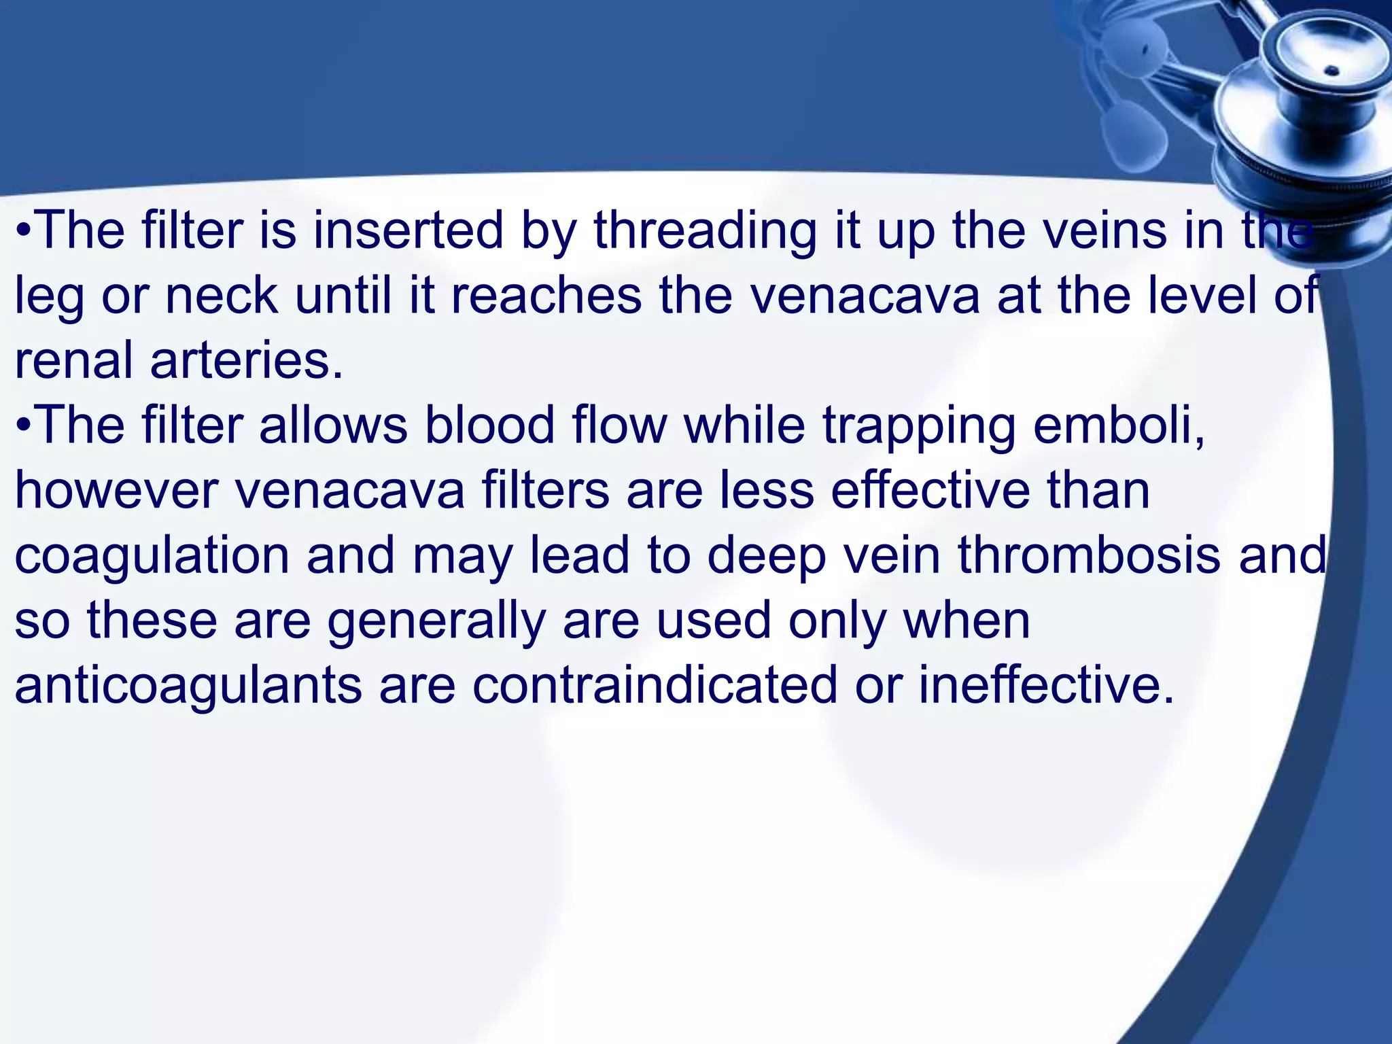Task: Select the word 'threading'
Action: tap(705, 231)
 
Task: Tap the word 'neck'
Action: tap(222, 296)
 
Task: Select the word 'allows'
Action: tap(333, 425)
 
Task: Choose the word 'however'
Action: tap(116, 490)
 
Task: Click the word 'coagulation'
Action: tap(152, 556)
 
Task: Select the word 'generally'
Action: tap(436, 621)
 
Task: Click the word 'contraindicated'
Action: tap(655, 685)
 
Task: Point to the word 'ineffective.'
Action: tap(1047, 685)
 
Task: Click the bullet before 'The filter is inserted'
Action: tap(23, 231)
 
